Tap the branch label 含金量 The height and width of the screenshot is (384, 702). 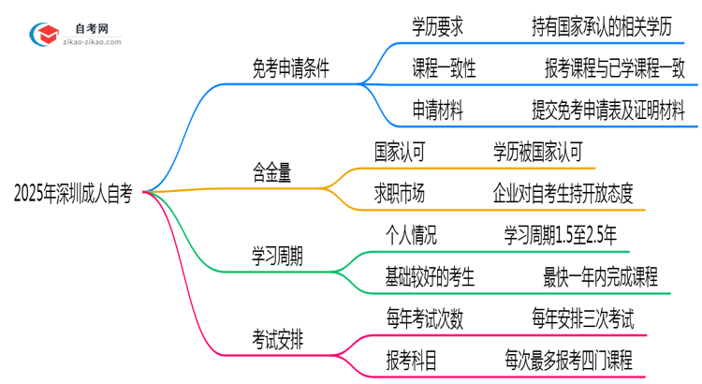click(x=271, y=172)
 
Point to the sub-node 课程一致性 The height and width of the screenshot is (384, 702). click(x=445, y=68)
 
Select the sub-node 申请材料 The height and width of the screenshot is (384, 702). click(x=436, y=110)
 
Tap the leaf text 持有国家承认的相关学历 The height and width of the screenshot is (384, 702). click(x=601, y=27)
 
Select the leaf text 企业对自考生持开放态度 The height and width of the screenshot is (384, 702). click(x=563, y=193)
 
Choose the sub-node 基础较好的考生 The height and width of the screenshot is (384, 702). click(x=429, y=276)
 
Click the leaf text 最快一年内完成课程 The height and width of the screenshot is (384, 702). click(x=600, y=276)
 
